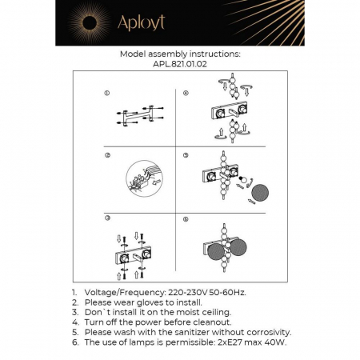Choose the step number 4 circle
186,94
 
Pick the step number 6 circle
186,218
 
